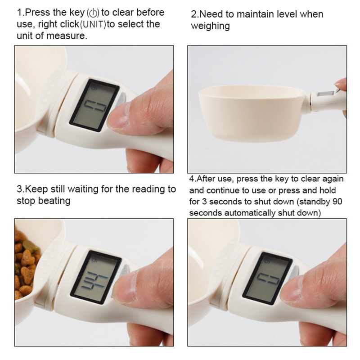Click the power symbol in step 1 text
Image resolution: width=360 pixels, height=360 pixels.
point(95,13)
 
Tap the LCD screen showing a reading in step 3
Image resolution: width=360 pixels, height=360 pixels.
point(95,277)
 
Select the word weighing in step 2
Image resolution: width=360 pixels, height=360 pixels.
point(210,26)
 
